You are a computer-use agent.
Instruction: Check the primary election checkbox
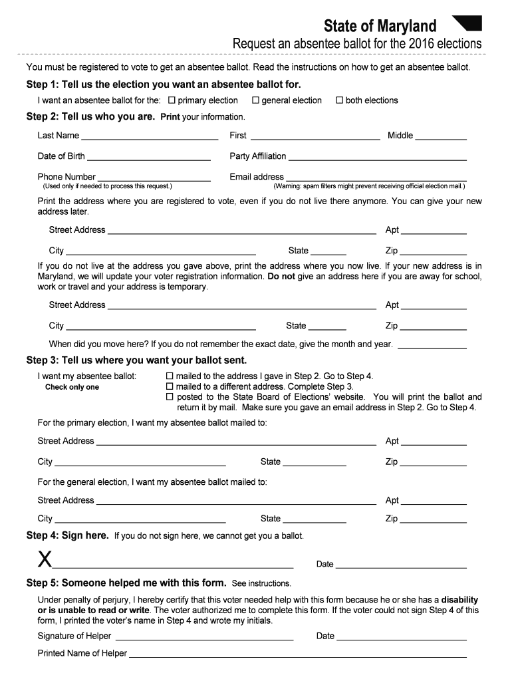pos(172,100)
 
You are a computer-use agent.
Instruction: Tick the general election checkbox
pos(255,100)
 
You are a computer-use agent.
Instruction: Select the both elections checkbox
pos(339,100)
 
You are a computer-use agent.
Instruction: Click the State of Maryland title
pos(380,27)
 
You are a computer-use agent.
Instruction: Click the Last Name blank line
pos(150,138)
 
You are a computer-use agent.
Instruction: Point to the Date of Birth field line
pos(149,159)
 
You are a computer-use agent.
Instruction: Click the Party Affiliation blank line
pos(377,159)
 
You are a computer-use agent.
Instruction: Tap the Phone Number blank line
pos(154,180)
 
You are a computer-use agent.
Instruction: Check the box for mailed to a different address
pos(170,386)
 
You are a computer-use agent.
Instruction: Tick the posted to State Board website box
pos(170,397)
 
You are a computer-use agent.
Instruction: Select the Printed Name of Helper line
pos(297,656)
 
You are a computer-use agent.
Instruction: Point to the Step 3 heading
pos(136,360)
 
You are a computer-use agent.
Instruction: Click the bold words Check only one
pos(72,387)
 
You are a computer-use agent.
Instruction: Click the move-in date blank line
pos(432,347)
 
